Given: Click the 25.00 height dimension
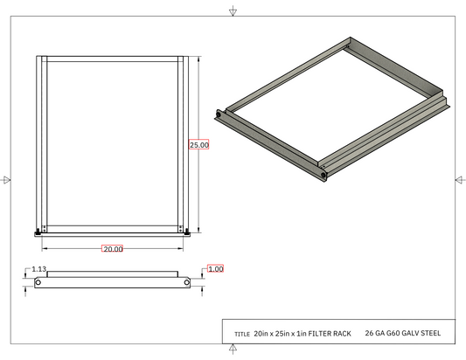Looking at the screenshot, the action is point(199,145).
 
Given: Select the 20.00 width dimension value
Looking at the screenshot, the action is point(113,249).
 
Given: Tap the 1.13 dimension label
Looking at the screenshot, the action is point(39,269).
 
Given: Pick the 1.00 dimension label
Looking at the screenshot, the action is point(215,269).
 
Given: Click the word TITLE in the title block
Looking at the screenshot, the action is point(242,334).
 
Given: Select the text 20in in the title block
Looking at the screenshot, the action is point(261,334).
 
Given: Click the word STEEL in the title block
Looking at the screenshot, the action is point(431,333).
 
